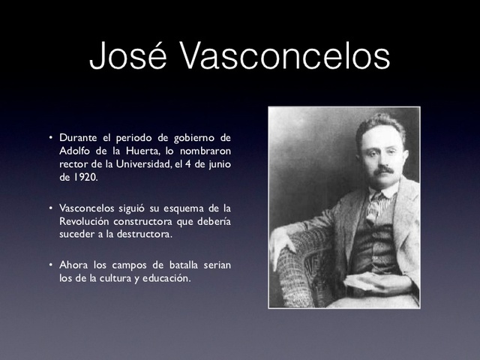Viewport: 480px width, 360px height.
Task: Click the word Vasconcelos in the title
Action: [x=287, y=56]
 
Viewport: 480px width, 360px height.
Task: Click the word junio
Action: [x=217, y=165]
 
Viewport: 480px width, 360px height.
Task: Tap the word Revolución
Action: [x=88, y=220]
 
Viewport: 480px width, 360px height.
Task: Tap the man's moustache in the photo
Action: [x=384, y=170]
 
